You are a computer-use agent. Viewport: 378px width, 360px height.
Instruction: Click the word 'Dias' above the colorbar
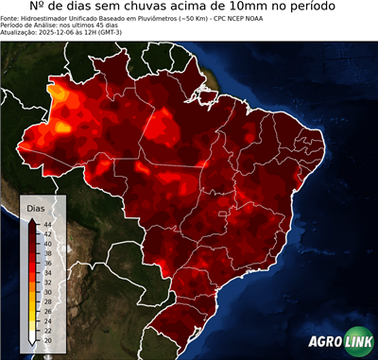pos(37,207)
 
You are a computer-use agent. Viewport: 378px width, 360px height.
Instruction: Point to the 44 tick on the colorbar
pos(46,224)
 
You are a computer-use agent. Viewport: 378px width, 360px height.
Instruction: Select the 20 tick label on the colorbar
pos(46,340)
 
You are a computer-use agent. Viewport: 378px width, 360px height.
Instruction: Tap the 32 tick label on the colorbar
pos(46,283)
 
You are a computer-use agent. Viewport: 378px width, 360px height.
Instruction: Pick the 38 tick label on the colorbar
pos(46,253)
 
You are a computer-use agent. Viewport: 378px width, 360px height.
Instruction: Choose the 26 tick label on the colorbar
pos(46,311)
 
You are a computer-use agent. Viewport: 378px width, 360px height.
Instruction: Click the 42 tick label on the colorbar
pos(46,233)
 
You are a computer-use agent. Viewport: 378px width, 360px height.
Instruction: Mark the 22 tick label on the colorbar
pos(46,331)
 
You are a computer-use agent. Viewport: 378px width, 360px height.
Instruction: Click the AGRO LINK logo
pos(339,342)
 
